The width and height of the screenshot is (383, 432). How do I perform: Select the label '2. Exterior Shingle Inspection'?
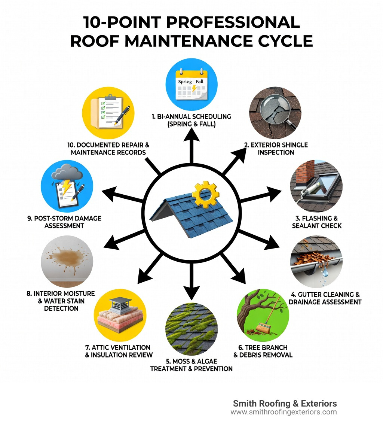276,149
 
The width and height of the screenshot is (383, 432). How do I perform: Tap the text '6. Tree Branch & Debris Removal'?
263,351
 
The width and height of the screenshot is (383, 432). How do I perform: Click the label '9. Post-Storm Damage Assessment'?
64,222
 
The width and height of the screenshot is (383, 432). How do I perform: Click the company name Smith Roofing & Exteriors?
285,404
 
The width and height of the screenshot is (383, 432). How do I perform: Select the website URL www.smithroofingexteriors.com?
284,412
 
